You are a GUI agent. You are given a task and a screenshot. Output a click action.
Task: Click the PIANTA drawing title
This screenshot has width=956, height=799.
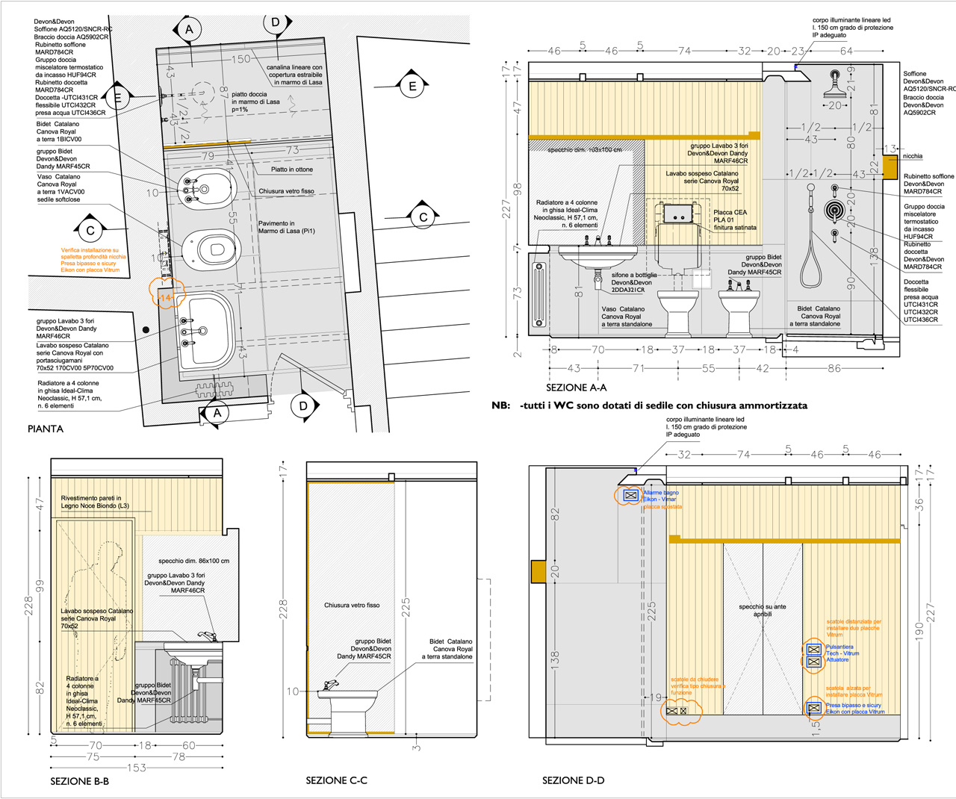point(46,429)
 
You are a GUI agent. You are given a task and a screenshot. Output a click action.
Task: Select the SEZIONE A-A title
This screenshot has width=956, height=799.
point(576,388)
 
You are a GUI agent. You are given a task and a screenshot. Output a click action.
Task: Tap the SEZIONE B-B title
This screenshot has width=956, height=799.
point(79,781)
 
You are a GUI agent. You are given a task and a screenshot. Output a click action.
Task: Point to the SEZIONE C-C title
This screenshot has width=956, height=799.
point(336,780)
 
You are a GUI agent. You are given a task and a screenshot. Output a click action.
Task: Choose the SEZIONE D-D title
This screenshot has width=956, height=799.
point(573,780)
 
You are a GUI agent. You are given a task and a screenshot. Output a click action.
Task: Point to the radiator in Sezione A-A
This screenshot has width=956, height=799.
point(538,294)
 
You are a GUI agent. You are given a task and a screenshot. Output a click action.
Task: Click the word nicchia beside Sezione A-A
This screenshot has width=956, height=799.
point(912,156)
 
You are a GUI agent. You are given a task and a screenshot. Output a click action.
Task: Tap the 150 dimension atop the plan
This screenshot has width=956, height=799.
point(240,59)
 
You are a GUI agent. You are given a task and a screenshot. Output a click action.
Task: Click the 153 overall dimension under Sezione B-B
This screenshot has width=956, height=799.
point(136,767)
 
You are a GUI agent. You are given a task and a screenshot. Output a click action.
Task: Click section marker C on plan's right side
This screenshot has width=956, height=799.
point(423,217)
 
